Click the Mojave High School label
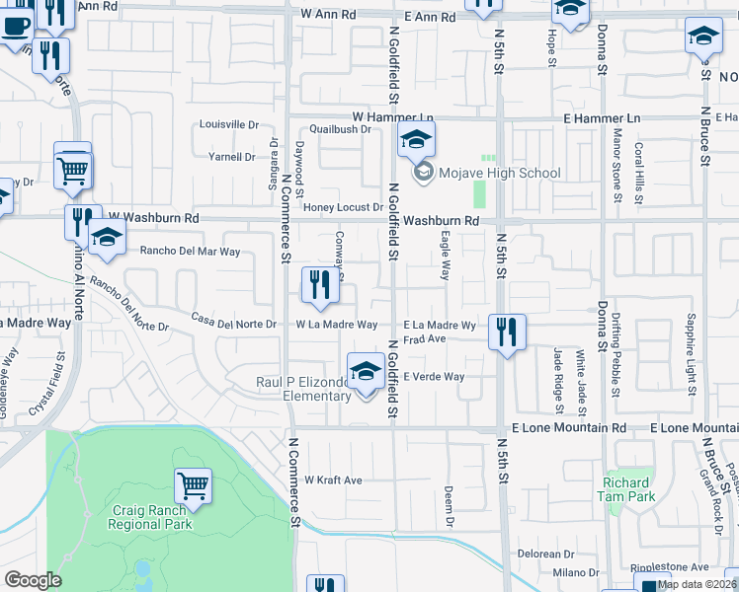click(500, 173)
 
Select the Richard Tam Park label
click(624, 489)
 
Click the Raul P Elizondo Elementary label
click(303, 389)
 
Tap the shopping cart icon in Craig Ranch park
click(194, 485)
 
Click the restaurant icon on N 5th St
click(507, 332)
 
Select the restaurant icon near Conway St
click(320, 287)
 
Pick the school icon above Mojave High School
click(417, 139)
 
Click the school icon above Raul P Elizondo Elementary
click(366, 371)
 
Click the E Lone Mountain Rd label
click(568, 428)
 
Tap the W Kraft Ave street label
click(333, 481)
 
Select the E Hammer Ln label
click(602, 118)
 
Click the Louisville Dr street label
click(228, 124)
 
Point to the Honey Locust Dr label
click(342, 207)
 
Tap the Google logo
click(33, 580)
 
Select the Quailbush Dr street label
click(339, 129)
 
